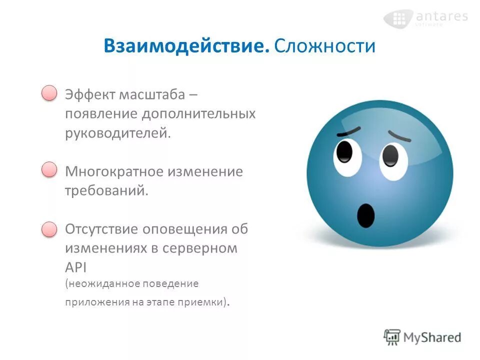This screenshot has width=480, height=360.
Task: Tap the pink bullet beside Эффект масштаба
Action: click(x=49, y=93)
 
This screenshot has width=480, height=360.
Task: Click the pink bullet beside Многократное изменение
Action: click(x=49, y=170)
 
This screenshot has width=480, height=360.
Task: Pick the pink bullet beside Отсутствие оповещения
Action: click(x=49, y=229)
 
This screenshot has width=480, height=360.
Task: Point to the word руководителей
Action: click(x=118, y=133)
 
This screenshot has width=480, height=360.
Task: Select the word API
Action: click(x=76, y=266)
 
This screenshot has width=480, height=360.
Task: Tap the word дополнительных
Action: click(x=198, y=114)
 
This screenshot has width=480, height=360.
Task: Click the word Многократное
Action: click(x=114, y=171)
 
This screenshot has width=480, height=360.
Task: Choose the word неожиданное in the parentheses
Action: click(x=100, y=283)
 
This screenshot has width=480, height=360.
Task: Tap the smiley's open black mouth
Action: click(x=365, y=215)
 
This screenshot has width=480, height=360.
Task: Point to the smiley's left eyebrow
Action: click(x=348, y=131)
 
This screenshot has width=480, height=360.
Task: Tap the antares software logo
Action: click(x=425, y=18)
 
